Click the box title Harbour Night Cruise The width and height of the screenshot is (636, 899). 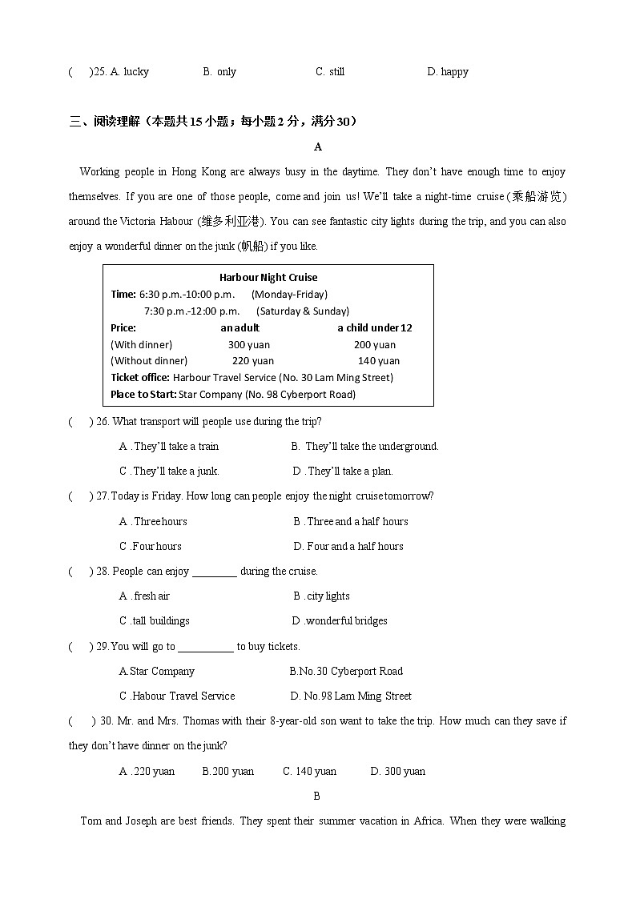[268, 277]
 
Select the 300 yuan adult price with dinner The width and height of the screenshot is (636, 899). [249, 344]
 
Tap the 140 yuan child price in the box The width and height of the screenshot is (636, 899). [379, 360]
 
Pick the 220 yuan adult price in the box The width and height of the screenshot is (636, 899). [252, 360]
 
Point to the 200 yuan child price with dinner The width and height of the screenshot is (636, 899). [375, 344]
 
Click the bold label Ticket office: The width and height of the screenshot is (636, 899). [140, 377]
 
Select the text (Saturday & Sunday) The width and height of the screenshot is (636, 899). [303, 311]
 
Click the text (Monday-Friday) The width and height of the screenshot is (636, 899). [289, 294]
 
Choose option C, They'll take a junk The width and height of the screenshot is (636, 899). [169, 471]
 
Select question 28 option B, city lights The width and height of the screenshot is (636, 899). [321, 596]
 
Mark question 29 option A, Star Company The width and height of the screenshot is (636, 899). [157, 671]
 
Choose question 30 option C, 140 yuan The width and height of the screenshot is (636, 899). [309, 771]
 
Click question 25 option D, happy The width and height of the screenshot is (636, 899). [448, 71]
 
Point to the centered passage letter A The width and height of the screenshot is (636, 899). [318, 146]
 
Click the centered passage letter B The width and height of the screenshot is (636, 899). [316, 796]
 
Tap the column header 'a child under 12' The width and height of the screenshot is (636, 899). [375, 327]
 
